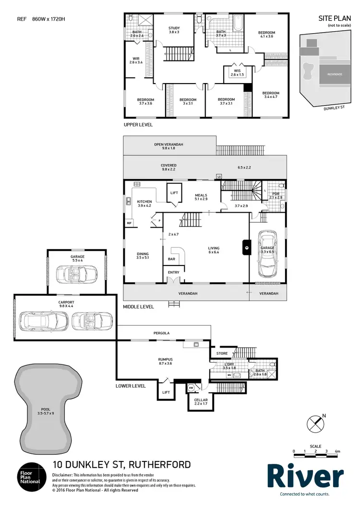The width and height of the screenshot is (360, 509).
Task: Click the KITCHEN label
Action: (x=144, y=204)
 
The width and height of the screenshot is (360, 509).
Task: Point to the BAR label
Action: (x=171, y=259)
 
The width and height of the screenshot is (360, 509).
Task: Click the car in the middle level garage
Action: (x=267, y=256)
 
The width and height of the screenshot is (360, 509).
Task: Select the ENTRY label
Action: (x=173, y=272)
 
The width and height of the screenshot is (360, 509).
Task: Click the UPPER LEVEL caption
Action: (x=138, y=124)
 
